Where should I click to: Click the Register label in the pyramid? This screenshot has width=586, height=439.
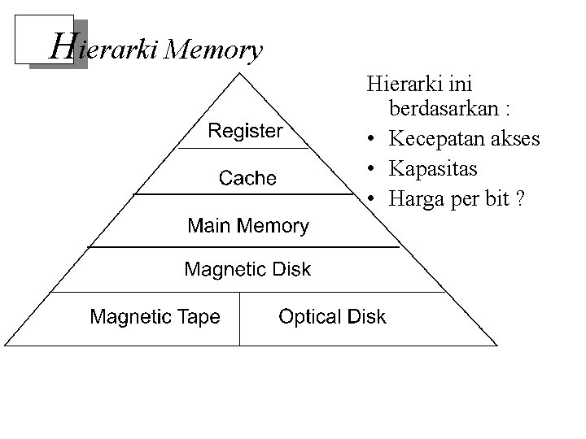245,130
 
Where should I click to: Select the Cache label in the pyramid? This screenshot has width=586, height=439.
247,178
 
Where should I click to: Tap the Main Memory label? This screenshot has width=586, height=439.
248,225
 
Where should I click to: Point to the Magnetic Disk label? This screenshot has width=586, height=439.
247,269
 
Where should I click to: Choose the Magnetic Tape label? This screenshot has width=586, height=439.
155,316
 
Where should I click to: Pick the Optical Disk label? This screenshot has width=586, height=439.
332,316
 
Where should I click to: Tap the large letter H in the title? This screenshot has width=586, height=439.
62,46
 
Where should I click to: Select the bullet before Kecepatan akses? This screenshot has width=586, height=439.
370,140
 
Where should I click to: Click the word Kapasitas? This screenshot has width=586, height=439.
433,168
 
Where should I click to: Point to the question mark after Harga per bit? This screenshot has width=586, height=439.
519,198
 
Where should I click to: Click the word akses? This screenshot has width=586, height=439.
516,139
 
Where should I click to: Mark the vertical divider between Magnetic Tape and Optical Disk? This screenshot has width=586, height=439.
239,318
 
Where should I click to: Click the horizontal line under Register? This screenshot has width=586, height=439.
244,149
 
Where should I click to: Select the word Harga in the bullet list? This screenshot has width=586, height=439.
416,198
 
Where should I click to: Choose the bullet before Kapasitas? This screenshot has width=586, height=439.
370,169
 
